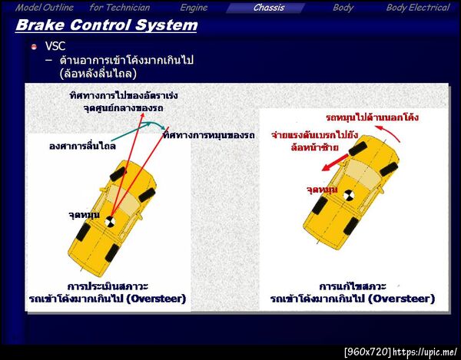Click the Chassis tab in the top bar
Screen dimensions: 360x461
pos(269,8)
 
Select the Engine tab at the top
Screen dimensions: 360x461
pos(194,8)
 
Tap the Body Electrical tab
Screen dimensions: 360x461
pos(417,8)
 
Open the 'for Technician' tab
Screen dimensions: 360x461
pos(120,8)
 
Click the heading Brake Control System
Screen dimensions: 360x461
pos(106,26)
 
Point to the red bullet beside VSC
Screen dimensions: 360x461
pos(34,47)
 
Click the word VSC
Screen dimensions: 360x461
pos(55,46)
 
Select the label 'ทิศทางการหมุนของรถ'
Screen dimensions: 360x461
pos(208,135)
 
